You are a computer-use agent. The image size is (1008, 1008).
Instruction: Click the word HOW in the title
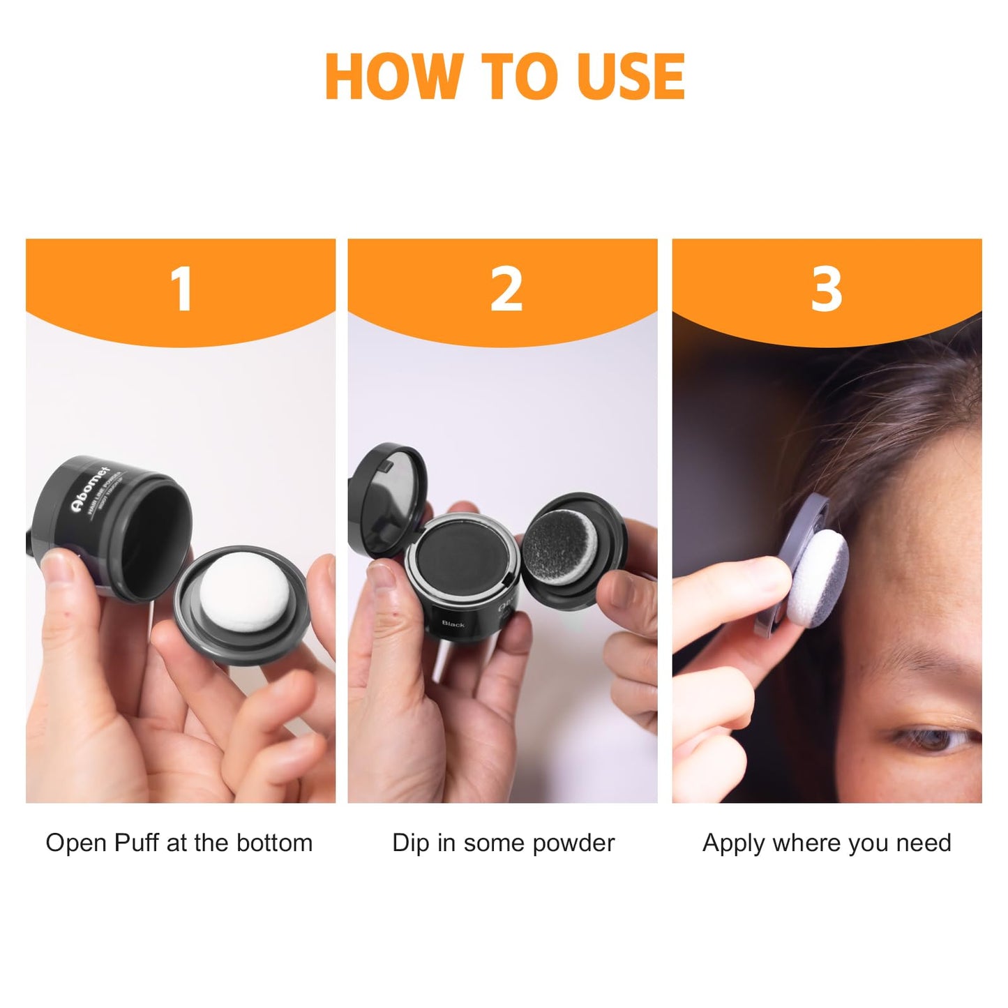[x=393, y=76]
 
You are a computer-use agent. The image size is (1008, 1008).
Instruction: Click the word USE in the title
[x=631, y=76]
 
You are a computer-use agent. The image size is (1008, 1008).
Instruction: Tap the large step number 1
[x=181, y=289]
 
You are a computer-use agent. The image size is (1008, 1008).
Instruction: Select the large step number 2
[x=506, y=289]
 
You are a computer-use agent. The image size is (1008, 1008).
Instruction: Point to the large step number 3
[x=827, y=289]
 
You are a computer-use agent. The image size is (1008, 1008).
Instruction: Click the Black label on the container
[x=453, y=624]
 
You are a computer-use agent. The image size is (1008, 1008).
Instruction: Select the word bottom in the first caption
[x=274, y=843]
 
